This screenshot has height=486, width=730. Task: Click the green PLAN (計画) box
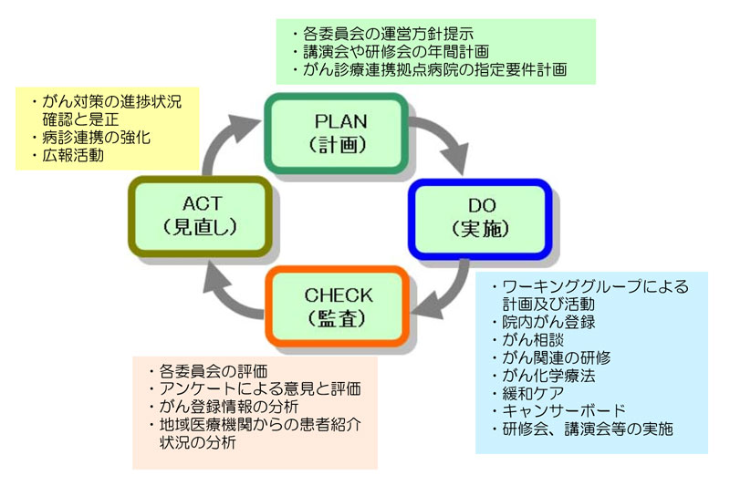[337, 133]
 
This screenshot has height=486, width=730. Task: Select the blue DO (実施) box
[480, 219]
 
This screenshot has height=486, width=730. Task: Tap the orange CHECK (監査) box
[338, 306]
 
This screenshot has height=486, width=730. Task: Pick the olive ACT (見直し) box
[200, 216]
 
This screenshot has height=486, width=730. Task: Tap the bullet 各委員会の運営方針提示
[383, 34]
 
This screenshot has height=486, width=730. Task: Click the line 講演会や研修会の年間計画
[391, 52]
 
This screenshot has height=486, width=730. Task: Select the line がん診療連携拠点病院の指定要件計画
[429, 70]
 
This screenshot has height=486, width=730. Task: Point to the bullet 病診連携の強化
[91, 138]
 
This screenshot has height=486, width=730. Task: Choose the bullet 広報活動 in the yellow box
[68, 155]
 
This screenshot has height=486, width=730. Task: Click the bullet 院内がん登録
[543, 322]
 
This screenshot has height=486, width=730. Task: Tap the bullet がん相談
[528, 339]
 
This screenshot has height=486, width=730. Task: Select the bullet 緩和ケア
[528, 394]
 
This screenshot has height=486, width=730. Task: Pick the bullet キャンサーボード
[558, 411]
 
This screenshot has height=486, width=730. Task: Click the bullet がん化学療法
[543, 376]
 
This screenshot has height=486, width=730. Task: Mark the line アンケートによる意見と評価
[255, 388]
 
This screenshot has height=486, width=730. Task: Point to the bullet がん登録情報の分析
[224, 407]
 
